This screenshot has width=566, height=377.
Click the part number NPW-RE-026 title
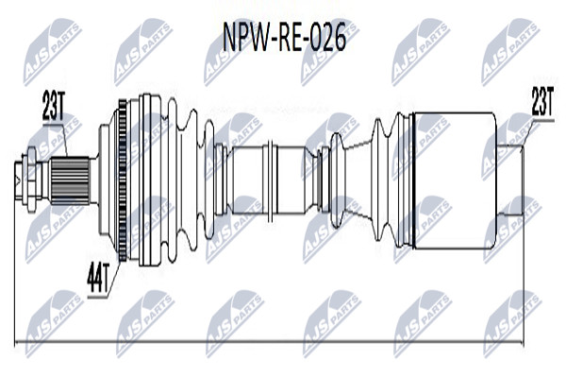point(285,37)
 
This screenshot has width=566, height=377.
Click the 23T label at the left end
point(53,105)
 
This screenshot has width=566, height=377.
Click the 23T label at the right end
point(542,101)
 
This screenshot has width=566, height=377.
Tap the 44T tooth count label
point(98,278)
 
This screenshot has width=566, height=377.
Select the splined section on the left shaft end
point(70,180)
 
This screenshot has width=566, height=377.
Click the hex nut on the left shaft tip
point(31,180)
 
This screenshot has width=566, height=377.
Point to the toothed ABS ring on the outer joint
point(123,180)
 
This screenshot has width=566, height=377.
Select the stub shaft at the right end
point(510,180)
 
